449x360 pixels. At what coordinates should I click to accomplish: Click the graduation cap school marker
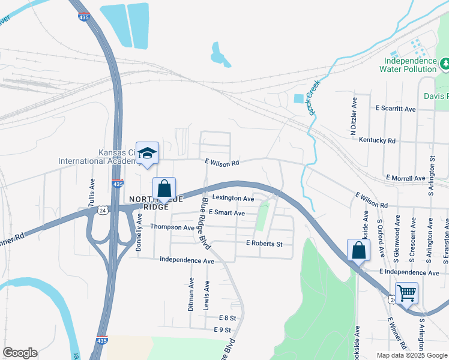tap(147, 153)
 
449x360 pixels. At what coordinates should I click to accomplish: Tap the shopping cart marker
tap(407, 293)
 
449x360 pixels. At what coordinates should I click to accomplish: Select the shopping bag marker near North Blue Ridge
tap(164, 188)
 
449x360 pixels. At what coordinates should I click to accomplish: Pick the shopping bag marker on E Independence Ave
tap(358, 250)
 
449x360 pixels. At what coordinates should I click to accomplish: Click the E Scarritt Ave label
tap(396, 109)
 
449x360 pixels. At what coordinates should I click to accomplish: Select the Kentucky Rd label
tap(377, 140)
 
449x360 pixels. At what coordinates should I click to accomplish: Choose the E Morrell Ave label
tap(406, 178)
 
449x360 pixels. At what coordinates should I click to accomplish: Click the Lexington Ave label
tap(233, 198)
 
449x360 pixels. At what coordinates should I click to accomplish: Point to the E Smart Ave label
tap(226, 213)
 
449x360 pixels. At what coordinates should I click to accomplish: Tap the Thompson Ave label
tap(172, 227)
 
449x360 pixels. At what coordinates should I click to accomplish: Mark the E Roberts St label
tap(264, 244)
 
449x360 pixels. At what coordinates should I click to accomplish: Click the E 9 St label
tap(222, 330)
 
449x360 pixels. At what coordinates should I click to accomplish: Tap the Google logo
tap(20, 353)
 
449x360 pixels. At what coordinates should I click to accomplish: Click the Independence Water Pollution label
tap(410, 65)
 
